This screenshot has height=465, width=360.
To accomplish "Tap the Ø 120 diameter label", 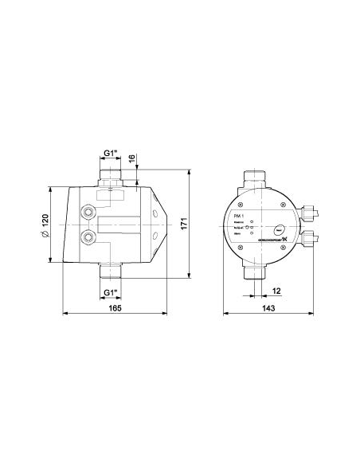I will point(46,225).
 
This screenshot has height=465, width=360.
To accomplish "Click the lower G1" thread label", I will point(112,291).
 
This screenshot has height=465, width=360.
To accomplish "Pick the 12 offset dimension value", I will point(276,291).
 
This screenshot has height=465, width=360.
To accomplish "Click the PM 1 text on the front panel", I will point(238,216).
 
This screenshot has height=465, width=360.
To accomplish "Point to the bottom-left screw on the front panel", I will point(234,249).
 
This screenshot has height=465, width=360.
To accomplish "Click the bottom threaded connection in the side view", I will point(112,272).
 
